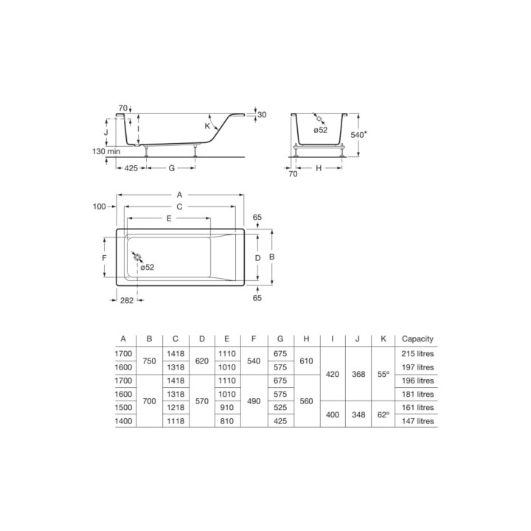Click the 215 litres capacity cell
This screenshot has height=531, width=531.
click(x=417, y=354)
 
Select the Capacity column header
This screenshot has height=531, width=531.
click(x=417, y=339)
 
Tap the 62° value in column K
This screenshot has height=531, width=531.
click(x=383, y=414)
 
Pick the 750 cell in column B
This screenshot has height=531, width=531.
click(x=149, y=361)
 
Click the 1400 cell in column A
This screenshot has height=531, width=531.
click(x=123, y=421)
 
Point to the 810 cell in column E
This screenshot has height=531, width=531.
click(x=226, y=421)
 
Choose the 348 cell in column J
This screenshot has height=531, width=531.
click(x=358, y=414)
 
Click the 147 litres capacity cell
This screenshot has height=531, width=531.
click(x=417, y=421)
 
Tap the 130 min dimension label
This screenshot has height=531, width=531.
click(x=106, y=151)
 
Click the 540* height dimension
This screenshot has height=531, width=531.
click(x=358, y=134)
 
